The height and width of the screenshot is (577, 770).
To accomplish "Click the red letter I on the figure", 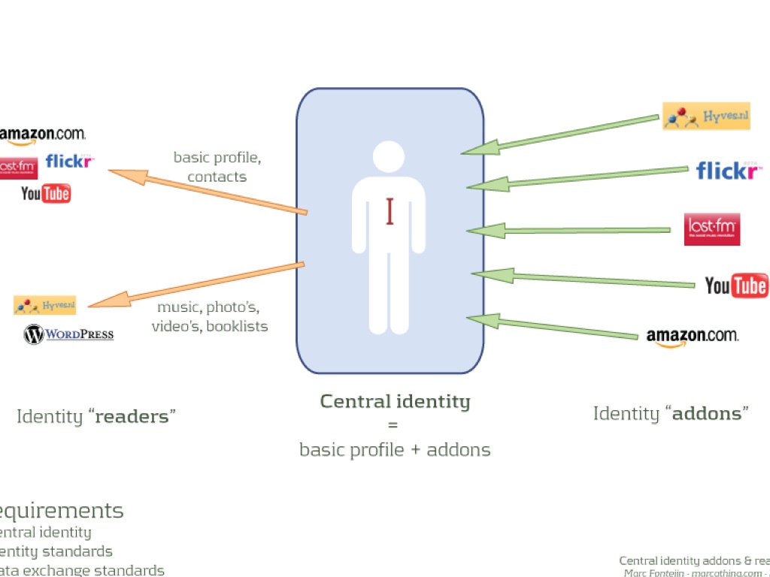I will (x=390, y=211).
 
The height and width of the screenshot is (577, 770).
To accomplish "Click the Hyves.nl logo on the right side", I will (x=706, y=116).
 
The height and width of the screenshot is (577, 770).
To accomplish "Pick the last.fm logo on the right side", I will (x=712, y=229).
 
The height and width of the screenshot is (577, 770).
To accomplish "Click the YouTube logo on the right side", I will (x=736, y=285).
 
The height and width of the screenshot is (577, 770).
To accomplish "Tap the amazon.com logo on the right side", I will (x=693, y=337).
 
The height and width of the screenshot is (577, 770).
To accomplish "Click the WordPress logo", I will (x=68, y=334).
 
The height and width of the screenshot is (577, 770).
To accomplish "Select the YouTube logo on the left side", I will (x=46, y=194).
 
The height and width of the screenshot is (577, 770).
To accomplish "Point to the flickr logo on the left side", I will (x=69, y=161).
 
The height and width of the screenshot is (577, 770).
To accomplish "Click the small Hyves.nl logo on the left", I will (x=45, y=305).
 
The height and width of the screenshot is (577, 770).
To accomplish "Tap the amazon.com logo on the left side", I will (x=42, y=134).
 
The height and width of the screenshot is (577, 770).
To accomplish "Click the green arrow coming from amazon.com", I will (x=553, y=326).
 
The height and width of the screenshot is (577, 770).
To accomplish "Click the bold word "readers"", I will (x=132, y=416).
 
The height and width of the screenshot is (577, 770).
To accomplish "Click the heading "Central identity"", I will (x=395, y=401).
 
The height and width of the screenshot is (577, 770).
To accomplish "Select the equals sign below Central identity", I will (x=392, y=425).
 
